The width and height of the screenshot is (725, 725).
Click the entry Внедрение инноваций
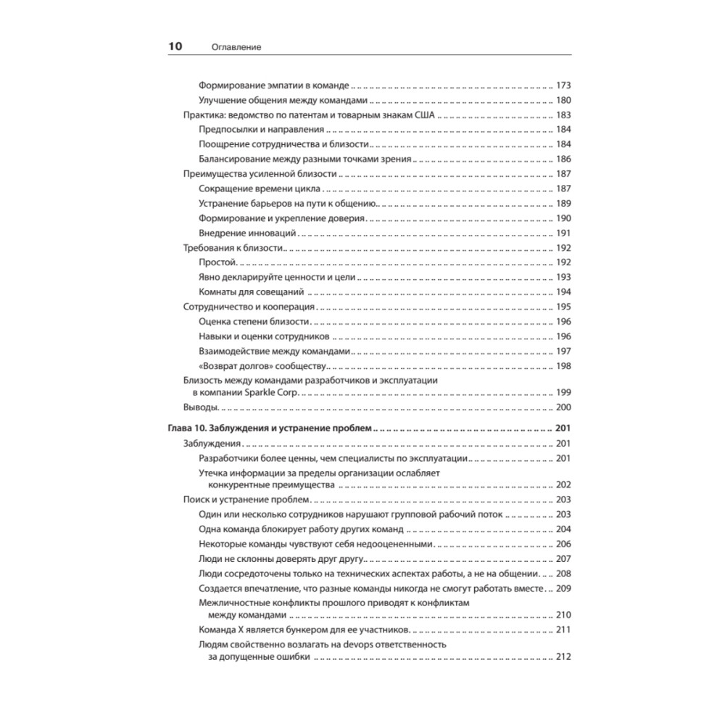tap(247, 233)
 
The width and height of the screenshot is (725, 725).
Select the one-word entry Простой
tap(218, 262)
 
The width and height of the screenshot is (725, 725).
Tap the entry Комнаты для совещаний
tap(250, 291)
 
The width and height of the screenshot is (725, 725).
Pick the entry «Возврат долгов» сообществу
tap(263, 365)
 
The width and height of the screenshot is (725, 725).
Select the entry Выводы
tap(201, 407)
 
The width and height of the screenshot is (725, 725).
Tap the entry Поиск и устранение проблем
tap(246, 500)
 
